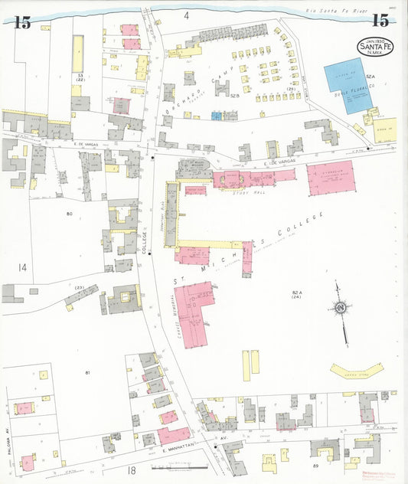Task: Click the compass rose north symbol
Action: pyautogui.click(x=341, y=308)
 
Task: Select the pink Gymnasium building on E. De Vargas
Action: pyautogui.click(x=331, y=178)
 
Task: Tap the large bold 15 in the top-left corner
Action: pyautogui.click(x=22, y=22)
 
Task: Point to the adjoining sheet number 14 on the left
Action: pyautogui.click(x=23, y=267)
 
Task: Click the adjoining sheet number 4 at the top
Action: pyautogui.click(x=186, y=15)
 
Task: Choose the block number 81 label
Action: pyautogui.click(x=88, y=372)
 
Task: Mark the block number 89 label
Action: pyautogui.click(x=315, y=465)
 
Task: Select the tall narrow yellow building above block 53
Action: pyautogui.click(x=77, y=53)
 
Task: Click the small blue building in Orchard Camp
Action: pyautogui.click(x=217, y=116)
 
